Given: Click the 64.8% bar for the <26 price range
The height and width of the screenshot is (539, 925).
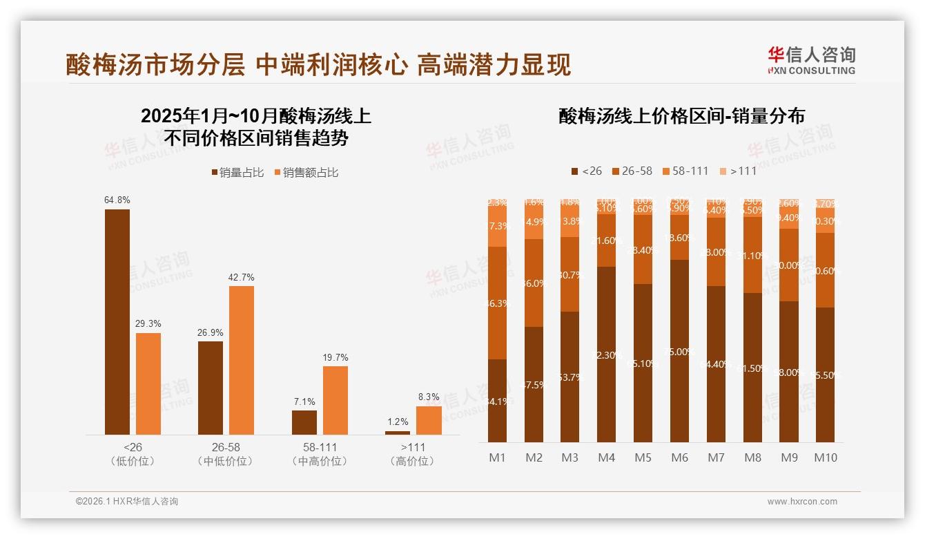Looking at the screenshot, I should click(x=117, y=321).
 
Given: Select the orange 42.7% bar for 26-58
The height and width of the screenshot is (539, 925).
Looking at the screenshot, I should click(x=242, y=360).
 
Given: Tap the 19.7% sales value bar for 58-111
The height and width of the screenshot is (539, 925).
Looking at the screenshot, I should click(x=335, y=400).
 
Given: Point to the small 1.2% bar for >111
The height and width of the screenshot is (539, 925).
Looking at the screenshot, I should click(x=397, y=433).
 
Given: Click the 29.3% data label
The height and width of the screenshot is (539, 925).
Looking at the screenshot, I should click(x=148, y=323).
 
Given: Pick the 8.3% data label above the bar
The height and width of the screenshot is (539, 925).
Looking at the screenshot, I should click(x=428, y=397).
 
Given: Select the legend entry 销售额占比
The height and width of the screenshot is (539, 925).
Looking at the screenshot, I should click(x=306, y=173).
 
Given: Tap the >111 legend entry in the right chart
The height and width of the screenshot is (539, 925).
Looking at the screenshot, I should click(x=738, y=171).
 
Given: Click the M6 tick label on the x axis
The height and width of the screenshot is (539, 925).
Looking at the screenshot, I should click(x=680, y=457).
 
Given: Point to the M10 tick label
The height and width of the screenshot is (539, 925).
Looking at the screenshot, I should click(x=826, y=457).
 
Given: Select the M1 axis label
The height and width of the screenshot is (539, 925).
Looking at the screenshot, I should click(x=497, y=457).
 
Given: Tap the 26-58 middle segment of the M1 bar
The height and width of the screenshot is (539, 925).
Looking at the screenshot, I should click(x=497, y=303).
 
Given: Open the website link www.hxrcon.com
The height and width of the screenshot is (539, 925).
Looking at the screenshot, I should click(x=802, y=502).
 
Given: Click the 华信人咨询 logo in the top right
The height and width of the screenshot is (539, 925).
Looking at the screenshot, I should click(x=811, y=60).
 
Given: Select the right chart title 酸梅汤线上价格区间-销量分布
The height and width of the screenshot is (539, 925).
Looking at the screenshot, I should click(x=681, y=116).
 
